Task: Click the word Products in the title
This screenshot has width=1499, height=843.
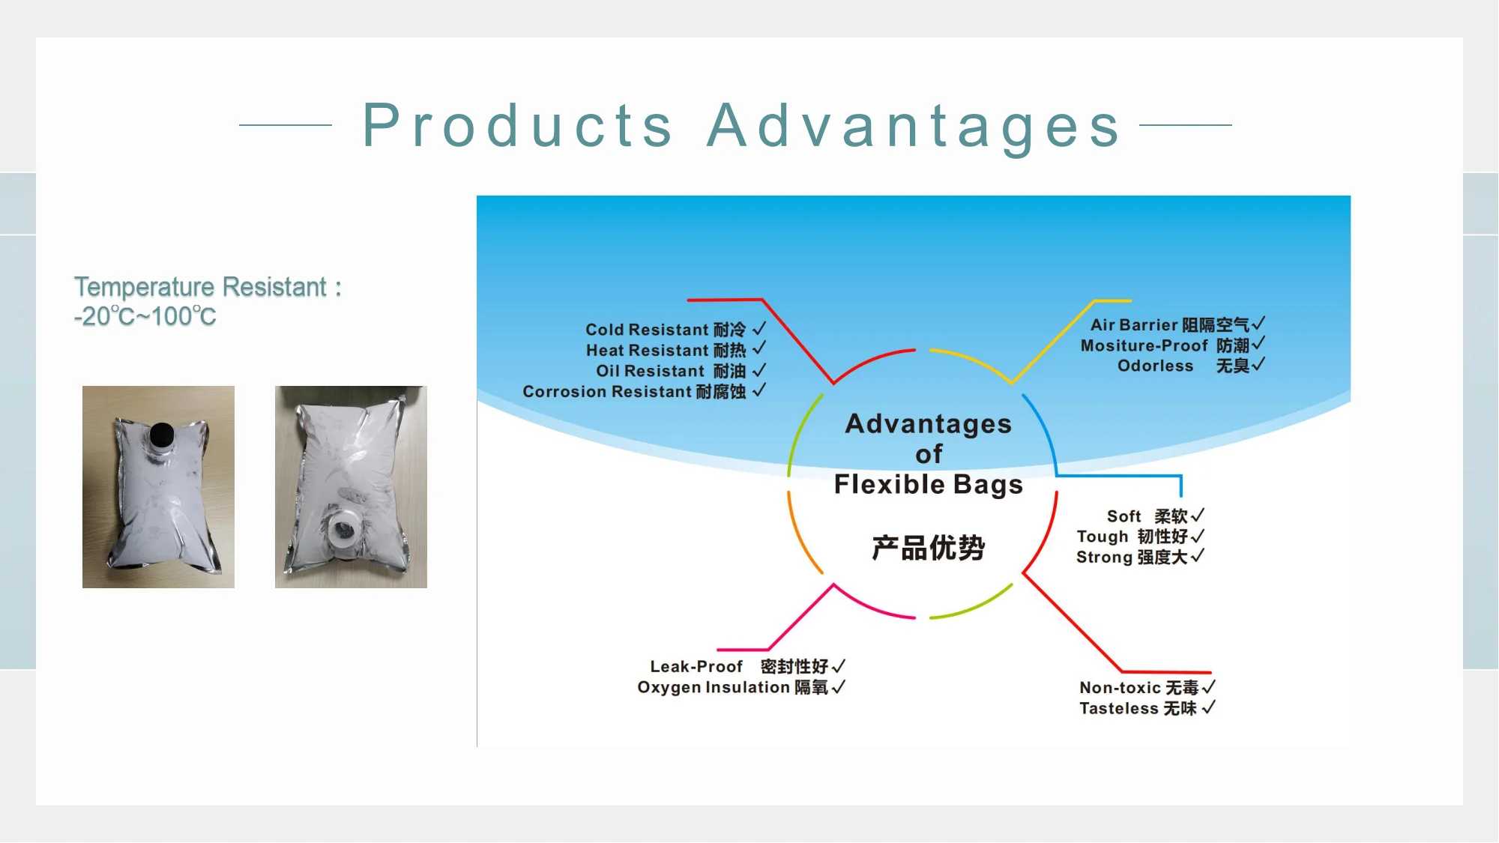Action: coord(518,125)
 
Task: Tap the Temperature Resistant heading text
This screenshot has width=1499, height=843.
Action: coord(208,287)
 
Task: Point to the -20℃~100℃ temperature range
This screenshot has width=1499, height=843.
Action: coord(145,316)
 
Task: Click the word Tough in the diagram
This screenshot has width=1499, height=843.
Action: coord(1103,537)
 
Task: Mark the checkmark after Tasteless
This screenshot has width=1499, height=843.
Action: coord(1208,707)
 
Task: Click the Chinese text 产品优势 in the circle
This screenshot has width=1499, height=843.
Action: coord(928,548)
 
